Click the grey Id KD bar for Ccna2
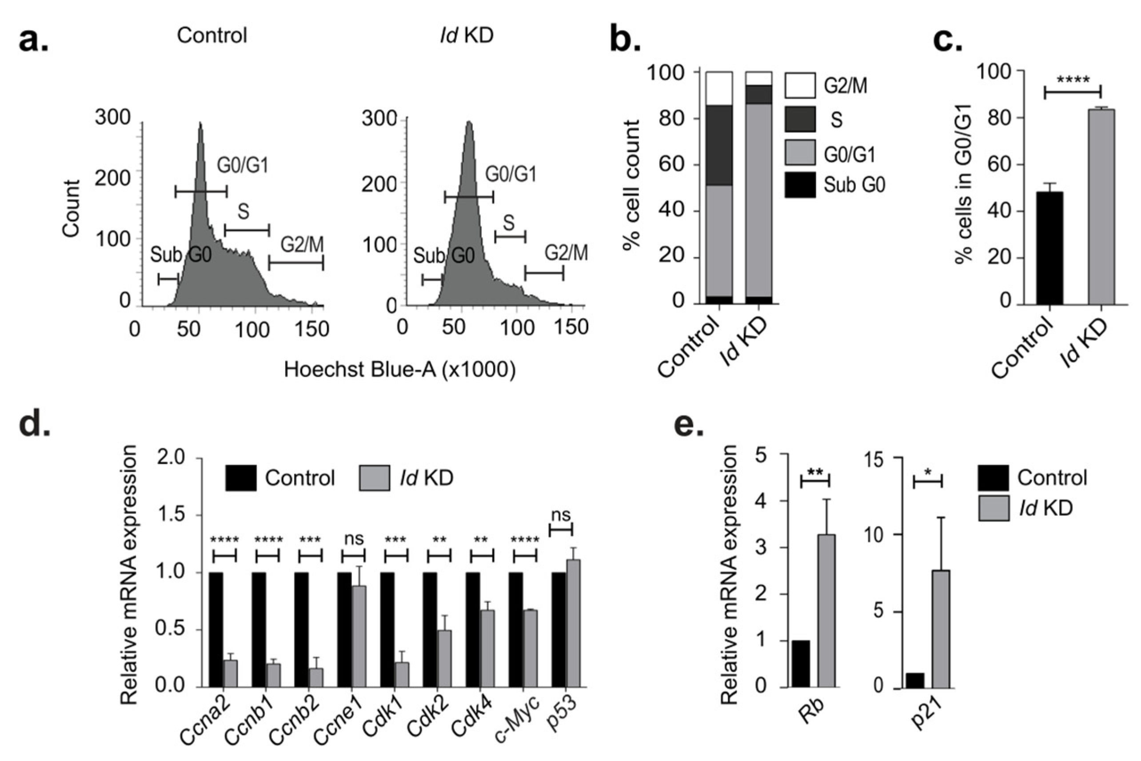(230, 673)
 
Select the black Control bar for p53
(559, 630)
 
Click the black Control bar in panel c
(1049, 248)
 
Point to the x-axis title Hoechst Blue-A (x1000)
(399, 370)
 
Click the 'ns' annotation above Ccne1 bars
(354, 539)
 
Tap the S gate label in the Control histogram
(243, 211)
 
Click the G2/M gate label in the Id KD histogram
(566, 253)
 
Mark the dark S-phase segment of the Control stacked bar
(719, 145)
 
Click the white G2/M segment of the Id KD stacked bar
(758, 78)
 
